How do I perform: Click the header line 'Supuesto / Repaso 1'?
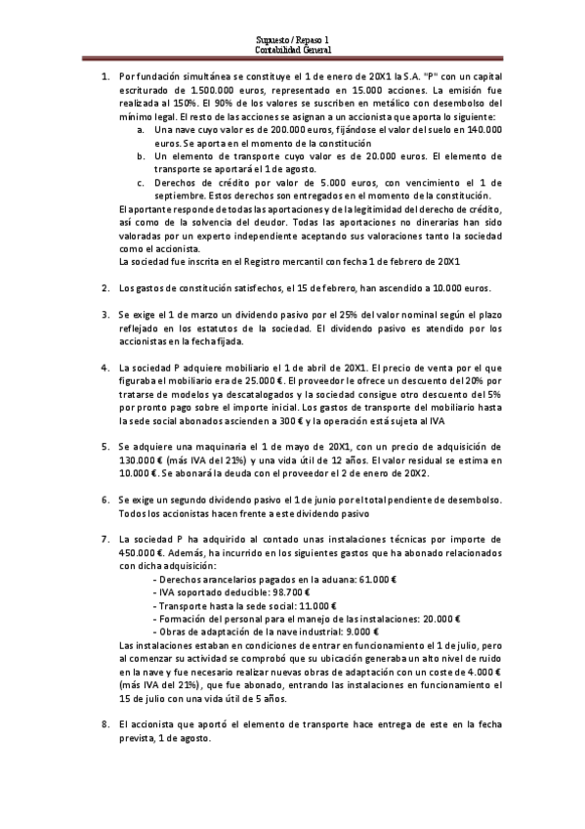pos(292,40)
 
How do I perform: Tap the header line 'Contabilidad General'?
pos(292,50)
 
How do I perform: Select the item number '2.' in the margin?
pos(106,288)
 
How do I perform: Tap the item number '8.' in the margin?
pos(106,724)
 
